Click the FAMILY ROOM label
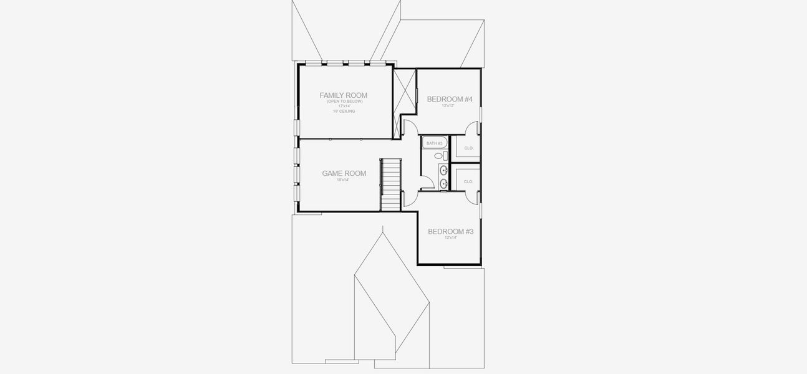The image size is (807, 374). tap(343, 95)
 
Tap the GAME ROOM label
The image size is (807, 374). tap(344, 173)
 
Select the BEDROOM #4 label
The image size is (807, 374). tap(449, 99)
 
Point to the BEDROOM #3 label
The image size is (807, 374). tap(451, 231)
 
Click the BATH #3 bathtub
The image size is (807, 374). tap(433, 143)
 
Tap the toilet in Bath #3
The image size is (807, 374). tap(438, 156)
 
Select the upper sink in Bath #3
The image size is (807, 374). tap(443, 170)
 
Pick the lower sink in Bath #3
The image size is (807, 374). tap(443, 183)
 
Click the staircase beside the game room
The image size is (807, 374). tap(391, 185)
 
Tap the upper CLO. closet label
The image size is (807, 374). tap(469, 148)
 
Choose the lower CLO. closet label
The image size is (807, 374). tap(469, 181)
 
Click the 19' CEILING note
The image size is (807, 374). tap(343, 111)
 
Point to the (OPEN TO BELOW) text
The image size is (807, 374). tap(343, 101)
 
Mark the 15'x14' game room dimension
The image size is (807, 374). tap(343, 180)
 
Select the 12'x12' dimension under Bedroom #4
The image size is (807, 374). tap(448, 106)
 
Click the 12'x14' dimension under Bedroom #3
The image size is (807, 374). tap(451, 237)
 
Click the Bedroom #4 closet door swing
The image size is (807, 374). tap(472, 127)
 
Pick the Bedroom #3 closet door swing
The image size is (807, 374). tap(472, 198)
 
